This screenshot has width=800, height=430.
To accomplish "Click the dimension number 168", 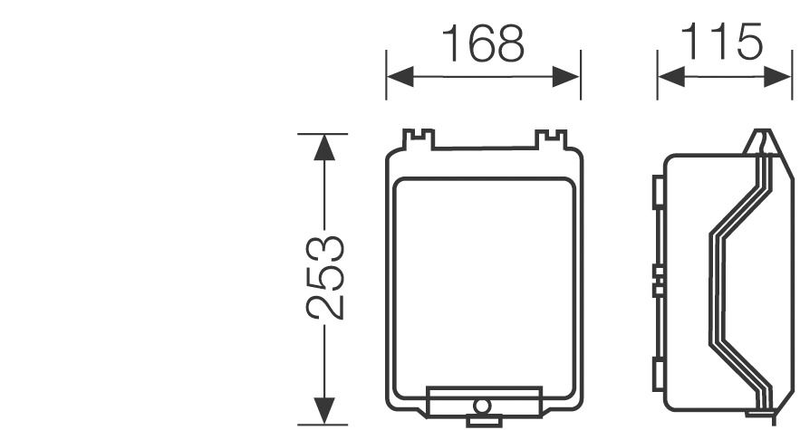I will tap(482, 43).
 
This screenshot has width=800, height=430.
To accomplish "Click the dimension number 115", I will tap(723, 43).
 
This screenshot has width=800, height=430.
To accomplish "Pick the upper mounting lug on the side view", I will tap(656, 191).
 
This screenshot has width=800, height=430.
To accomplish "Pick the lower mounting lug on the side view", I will tap(656, 373).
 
